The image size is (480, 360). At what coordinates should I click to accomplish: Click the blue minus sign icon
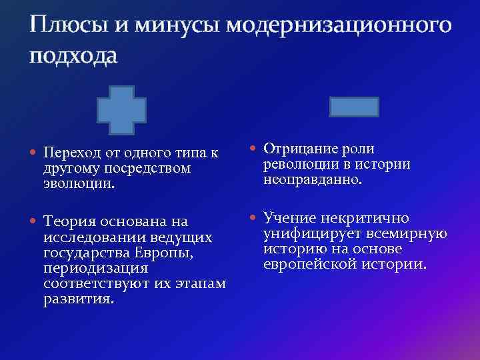pyautogui.click(x=354, y=107)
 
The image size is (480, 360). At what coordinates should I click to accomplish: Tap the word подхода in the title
pyautogui.click(x=73, y=57)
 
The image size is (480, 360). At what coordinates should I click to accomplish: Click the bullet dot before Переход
pyautogui.click(x=33, y=153)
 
